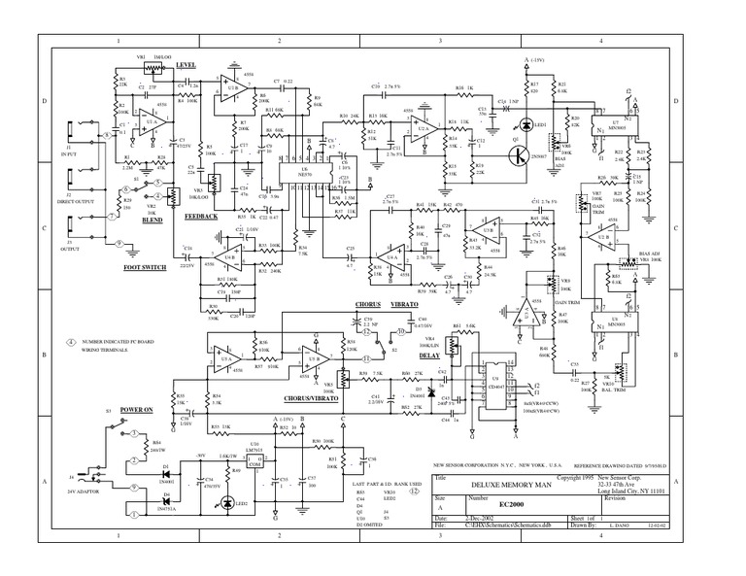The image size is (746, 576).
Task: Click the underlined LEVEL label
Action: [x=185, y=64]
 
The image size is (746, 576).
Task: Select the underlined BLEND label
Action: [x=150, y=220]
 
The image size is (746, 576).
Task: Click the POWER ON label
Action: [x=138, y=411]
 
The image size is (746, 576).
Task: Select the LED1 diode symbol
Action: [x=526, y=123]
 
